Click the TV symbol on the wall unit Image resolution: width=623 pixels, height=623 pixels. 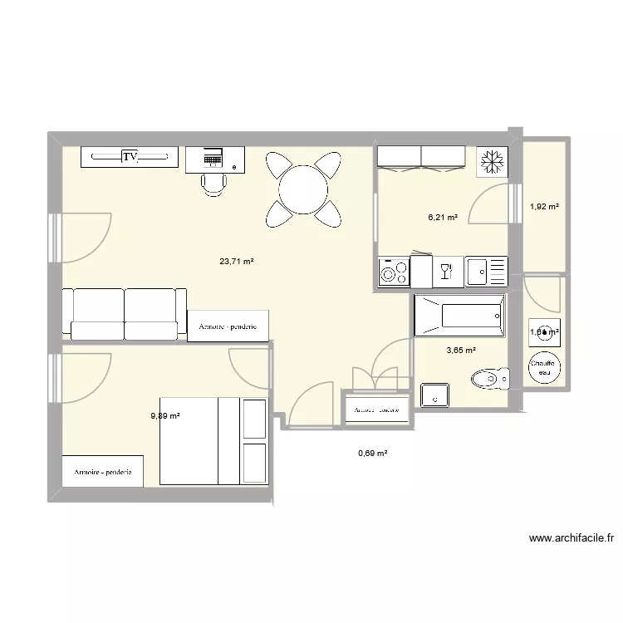tap(130, 156)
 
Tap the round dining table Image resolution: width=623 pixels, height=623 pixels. tap(303, 190)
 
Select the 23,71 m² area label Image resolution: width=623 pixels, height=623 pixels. tap(236, 261)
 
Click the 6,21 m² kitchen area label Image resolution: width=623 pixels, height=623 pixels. tap(443, 218)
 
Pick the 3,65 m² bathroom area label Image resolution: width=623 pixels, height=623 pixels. tap(461, 351)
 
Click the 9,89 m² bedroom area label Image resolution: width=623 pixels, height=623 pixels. tap(165, 416)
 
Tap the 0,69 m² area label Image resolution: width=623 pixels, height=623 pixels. tap(373, 453)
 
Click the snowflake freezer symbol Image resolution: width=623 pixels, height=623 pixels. tap(491, 162)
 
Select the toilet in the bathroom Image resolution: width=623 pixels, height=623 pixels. tap(489, 380)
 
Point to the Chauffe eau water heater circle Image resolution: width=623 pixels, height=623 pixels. tap(544, 367)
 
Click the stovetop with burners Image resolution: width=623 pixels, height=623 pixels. tap(394, 271)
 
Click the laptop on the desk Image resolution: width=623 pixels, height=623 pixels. tap(213, 156)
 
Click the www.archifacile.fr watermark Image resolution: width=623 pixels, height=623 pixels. tap(571, 538)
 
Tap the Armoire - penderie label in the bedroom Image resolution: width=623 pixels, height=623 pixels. tap(103, 472)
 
